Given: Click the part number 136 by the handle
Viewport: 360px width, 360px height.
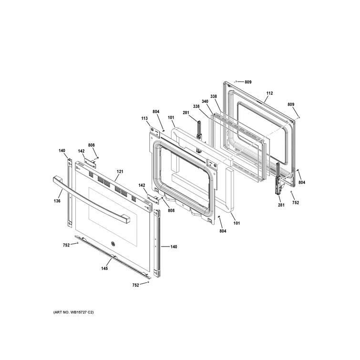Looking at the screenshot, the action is tap(57, 201).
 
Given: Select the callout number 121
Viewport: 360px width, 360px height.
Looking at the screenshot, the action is tap(120, 172).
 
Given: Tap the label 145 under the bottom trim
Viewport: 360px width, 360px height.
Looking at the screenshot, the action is tap(104, 268).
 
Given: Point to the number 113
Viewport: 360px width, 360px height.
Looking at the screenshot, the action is tap(144, 118).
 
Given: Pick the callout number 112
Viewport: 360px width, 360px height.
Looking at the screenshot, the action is tap(269, 93).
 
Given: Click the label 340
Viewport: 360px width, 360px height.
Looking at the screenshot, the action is tap(205, 101).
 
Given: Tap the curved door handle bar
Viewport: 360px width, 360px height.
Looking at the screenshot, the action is tap(92, 200).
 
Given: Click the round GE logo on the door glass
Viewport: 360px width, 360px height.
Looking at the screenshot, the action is tap(113, 244).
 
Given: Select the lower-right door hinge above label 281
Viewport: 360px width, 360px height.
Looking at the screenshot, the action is tap(278, 179).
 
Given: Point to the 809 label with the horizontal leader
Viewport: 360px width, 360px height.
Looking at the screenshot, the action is tap(248, 82).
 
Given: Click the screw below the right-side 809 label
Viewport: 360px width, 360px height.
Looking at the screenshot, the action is tap(299, 117).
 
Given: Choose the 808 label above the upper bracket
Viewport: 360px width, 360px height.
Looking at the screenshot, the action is tap(92, 145).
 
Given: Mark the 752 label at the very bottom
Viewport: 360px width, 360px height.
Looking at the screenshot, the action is tap(136, 285).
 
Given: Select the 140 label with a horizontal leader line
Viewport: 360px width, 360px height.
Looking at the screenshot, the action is tap(174, 247).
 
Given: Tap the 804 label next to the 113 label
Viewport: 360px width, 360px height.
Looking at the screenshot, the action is tap(156, 112).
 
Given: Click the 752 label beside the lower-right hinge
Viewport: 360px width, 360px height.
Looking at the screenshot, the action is tap(296, 203).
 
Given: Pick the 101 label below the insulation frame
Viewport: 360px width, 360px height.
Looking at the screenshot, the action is tap(237, 223).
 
